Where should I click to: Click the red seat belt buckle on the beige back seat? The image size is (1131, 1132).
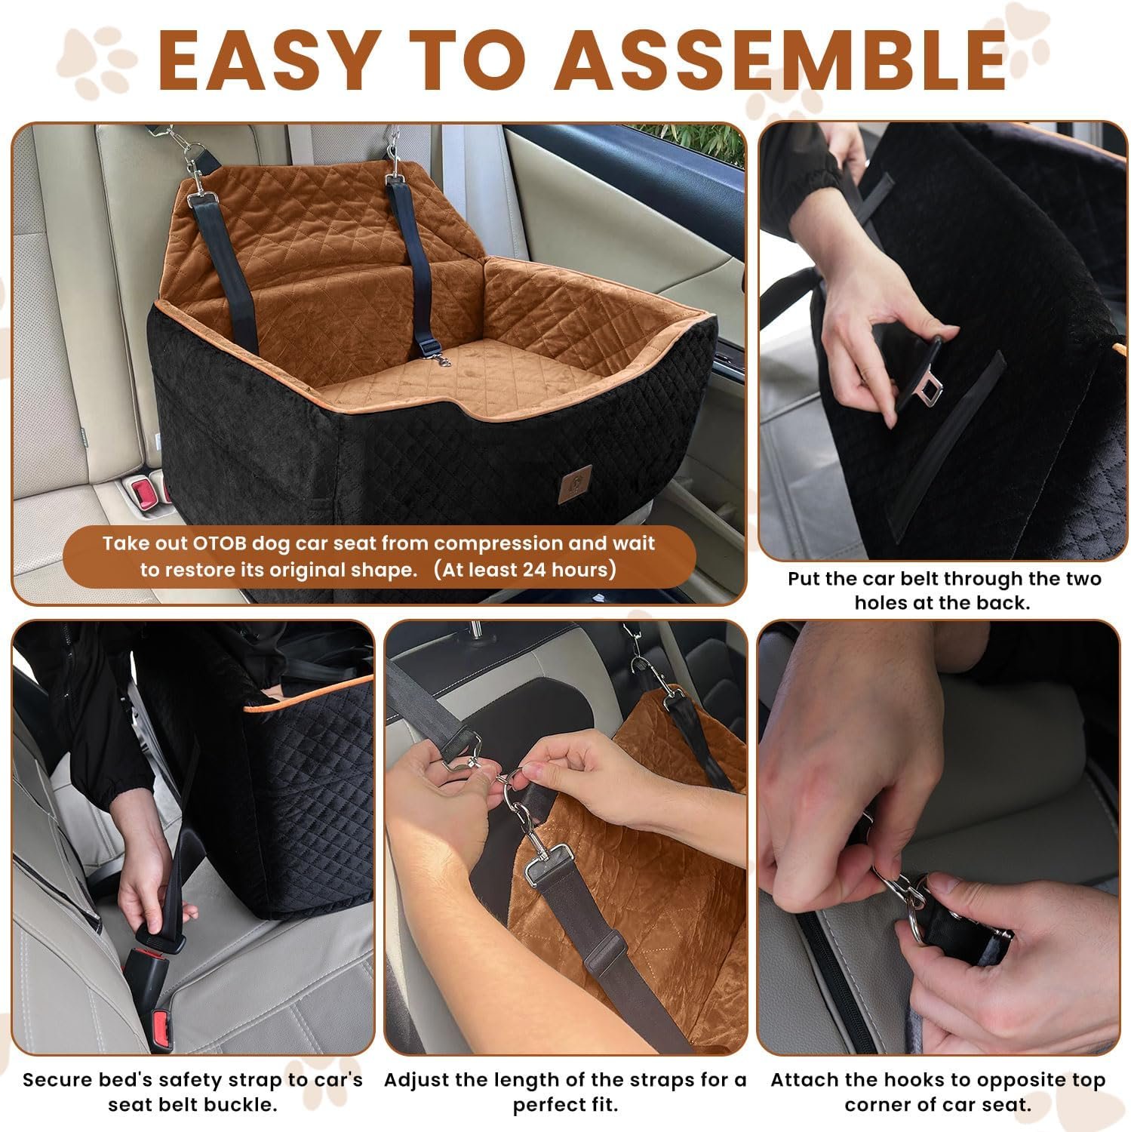click(143, 494)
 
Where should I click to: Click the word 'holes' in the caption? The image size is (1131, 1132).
click(879, 604)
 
